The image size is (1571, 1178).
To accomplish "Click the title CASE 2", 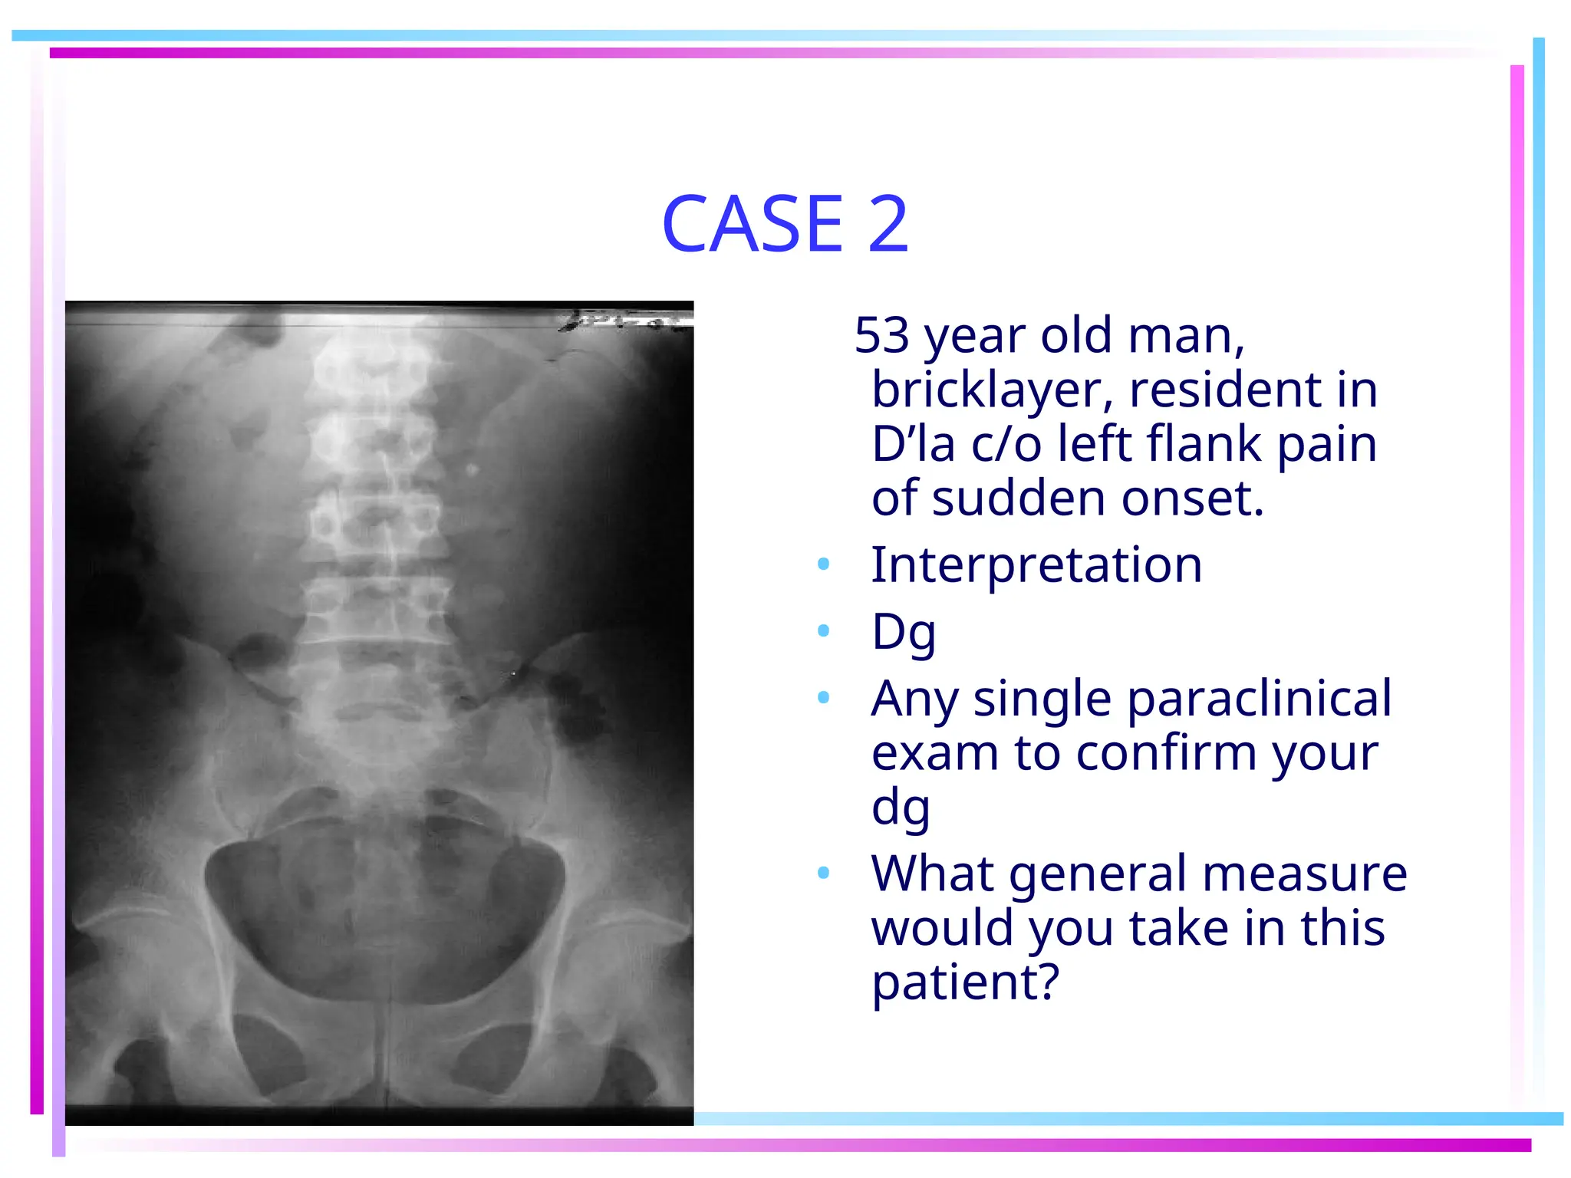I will [x=785, y=223].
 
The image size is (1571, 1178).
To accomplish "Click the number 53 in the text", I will [x=882, y=335].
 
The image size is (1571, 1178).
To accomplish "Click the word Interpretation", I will [x=1036, y=564].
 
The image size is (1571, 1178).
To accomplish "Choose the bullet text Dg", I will [x=904, y=632].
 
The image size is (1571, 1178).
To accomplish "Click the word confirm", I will [x=1169, y=752].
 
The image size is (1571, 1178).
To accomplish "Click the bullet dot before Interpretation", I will [x=824, y=564].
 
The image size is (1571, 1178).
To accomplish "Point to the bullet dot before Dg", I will [x=824, y=631].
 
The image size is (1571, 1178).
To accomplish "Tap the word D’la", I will [x=913, y=444].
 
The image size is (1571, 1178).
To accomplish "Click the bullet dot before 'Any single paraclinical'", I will [x=824, y=698].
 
